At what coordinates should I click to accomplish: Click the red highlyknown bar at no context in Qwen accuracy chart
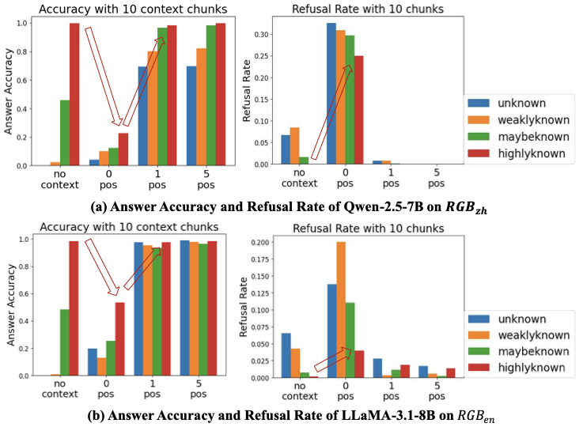pyautogui.click(x=74, y=94)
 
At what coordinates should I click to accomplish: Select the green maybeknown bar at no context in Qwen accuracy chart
pyautogui.click(x=65, y=133)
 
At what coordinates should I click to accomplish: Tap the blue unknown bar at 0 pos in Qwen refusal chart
pyautogui.click(x=331, y=93)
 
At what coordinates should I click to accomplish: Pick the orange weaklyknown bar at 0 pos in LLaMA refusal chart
pyautogui.click(x=341, y=309)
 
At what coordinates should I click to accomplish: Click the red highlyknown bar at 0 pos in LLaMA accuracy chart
pyautogui.click(x=119, y=339)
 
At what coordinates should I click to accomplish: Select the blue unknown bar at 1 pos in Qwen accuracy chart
pyautogui.click(x=142, y=116)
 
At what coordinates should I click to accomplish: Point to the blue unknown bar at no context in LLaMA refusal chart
pyautogui.click(x=286, y=355)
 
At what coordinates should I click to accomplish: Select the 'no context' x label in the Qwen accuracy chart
pyautogui.click(x=59, y=179)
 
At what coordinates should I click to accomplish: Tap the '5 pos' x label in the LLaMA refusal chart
pyautogui.click(x=437, y=391)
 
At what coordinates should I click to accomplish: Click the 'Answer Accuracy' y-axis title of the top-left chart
pyautogui.click(x=8, y=91)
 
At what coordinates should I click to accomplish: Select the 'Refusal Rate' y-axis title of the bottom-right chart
pyautogui.click(x=243, y=307)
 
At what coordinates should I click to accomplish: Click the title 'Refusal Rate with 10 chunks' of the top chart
pyautogui.click(x=368, y=9)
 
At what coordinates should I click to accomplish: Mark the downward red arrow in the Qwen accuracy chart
pyautogui.click(x=104, y=76)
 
